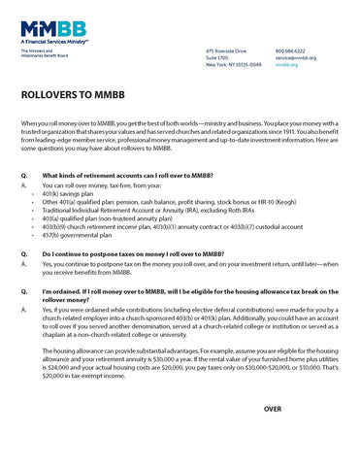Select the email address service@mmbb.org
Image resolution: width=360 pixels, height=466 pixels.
(x=295, y=57)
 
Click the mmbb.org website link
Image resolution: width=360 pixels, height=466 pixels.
(x=286, y=64)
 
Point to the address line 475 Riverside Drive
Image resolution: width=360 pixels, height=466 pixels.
(x=225, y=50)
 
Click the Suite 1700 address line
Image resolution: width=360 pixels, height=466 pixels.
(x=217, y=57)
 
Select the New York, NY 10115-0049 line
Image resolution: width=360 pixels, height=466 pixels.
(x=234, y=64)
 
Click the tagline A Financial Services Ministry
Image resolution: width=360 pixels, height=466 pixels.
(x=51, y=43)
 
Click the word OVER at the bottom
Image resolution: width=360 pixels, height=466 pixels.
(x=274, y=409)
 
